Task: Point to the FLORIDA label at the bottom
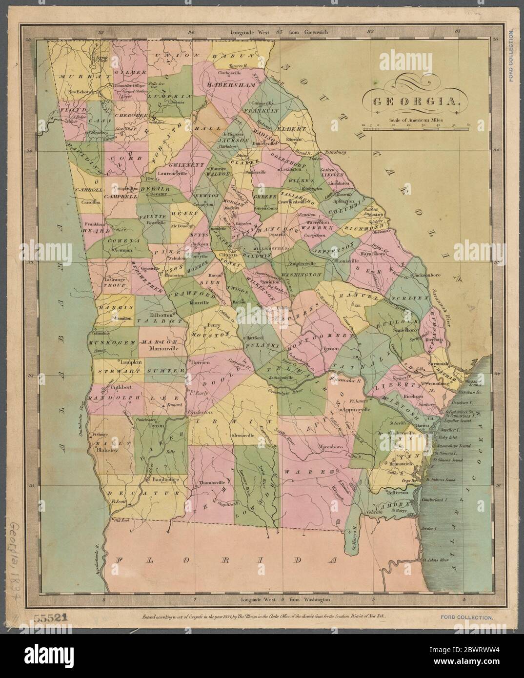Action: (224, 560)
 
